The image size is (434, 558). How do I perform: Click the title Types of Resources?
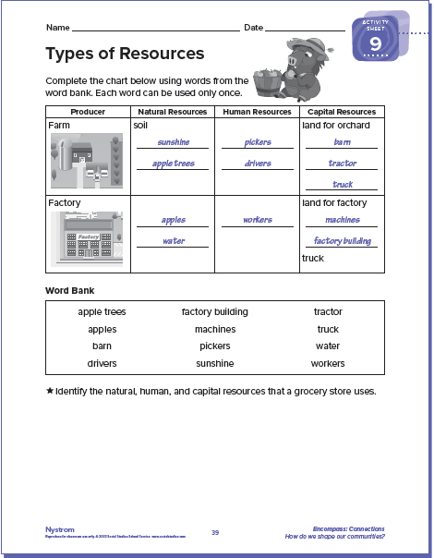(x=125, y=53)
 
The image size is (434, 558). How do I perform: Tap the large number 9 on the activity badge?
(x=376, y=44)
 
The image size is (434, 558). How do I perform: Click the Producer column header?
(x=88, y=112)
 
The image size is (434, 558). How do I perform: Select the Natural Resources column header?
(x=173, y=112)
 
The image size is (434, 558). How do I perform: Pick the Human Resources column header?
(x=258, y=112)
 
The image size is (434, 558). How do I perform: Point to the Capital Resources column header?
(x=342, y=112)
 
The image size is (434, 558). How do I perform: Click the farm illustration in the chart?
(x=86, y=158)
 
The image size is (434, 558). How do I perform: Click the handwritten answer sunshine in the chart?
(x=173, y=142)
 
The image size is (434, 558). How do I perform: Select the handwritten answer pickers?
(x=258, y=142)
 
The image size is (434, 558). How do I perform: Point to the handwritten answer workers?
(x=258, y=220)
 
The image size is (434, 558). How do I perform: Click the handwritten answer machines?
(x=343, y=220)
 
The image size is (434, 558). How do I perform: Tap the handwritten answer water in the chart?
(x=173, y=240)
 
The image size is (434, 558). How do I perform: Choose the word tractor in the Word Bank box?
(x=328, y=312)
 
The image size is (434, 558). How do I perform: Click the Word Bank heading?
(x=68, y=290)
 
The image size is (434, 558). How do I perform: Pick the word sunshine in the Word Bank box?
(x=215, y=364)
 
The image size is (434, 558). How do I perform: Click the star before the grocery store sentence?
(x=50, y=391)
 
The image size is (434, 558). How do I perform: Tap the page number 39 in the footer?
(x=215, y=532)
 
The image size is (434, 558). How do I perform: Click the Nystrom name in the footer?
(x=59, y=529)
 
